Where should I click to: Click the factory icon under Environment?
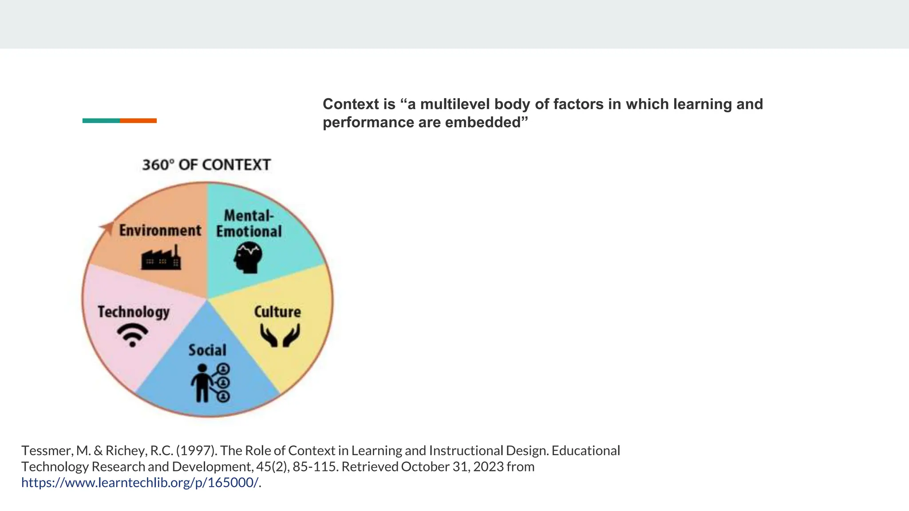161,259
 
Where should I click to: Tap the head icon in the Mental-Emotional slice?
248,257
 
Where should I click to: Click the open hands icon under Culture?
280,335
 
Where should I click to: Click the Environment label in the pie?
160,230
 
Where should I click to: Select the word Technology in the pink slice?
134,312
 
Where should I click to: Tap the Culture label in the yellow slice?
277,312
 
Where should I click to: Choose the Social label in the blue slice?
207,350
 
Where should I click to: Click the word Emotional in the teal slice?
249,231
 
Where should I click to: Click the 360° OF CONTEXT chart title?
206,165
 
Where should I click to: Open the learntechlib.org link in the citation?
140,483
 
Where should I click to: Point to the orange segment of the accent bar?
138,121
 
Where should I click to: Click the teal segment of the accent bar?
101,121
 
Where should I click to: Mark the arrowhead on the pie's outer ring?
106,228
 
